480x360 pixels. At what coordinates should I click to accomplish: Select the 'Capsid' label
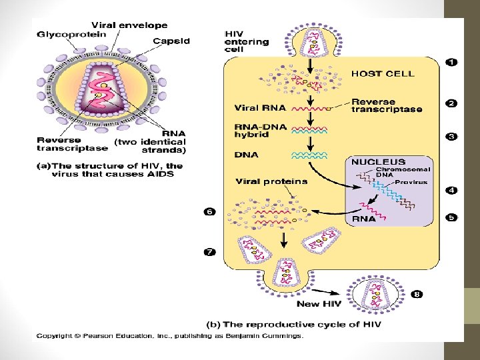pyautogui.click(x=171, y=41)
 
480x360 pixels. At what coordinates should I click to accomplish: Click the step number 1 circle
pyautogui.click(x=451, y=62)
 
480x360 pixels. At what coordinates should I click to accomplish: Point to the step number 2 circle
pyautogui.click(x=451, y=103)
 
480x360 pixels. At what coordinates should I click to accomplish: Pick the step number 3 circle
pyautogui.click(x=451, y=137)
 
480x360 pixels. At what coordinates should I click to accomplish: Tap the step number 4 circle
pyautogui.click(x=451, y=190)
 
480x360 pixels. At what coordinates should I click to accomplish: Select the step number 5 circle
pyautogui.click(x=451, y=217)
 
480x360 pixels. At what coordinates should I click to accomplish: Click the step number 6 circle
pyautogui.click(x=209, y=211)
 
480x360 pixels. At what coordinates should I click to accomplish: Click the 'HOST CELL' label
pyautogui.click(x=382, y=73)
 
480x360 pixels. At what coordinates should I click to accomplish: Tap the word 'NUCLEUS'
pyautogui.click(x=378, y=161)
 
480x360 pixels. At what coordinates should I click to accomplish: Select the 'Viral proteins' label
pyautogui.click(x=271, y=181)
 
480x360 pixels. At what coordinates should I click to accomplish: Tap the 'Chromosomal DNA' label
pyautogui.click(x=403, y=172)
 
